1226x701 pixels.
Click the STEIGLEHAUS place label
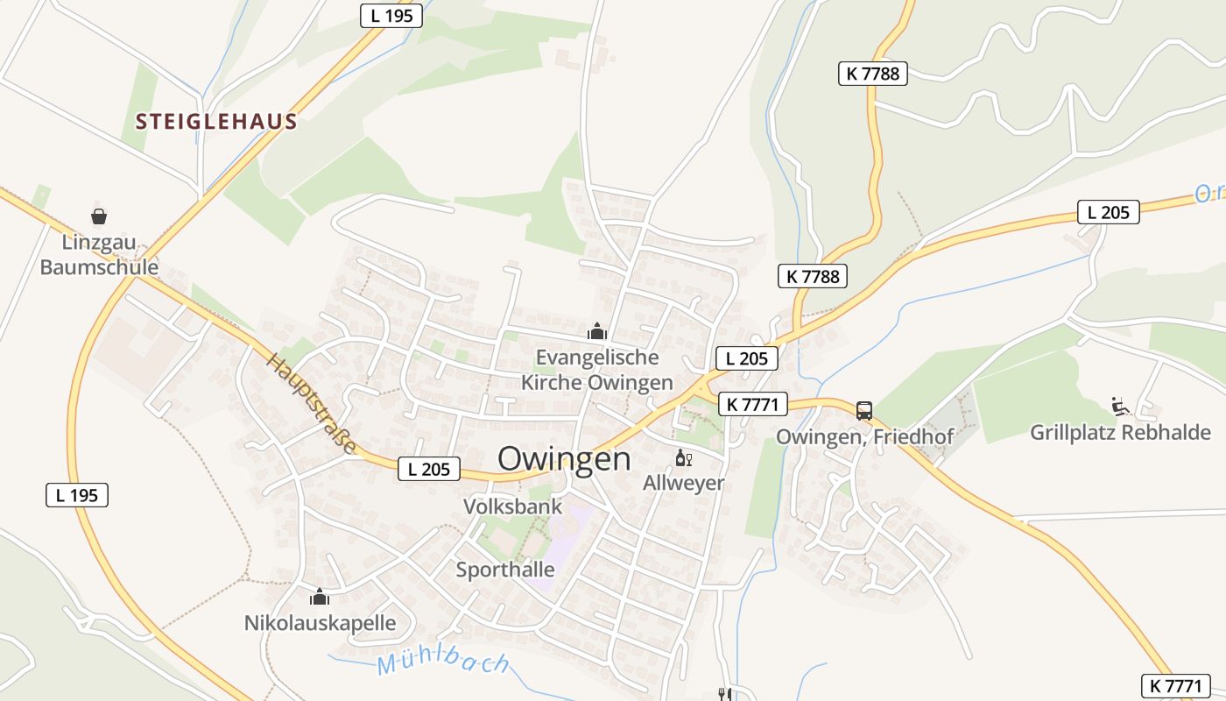[x=216, y=122]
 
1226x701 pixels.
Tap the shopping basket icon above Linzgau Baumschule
[x=99, y=216]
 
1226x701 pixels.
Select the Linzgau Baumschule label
[x=99, y=254]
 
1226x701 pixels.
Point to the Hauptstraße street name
[x=313, y=404]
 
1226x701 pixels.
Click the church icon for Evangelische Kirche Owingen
[x=597, y=331]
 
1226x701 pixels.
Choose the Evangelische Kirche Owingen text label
[x=597, y=370]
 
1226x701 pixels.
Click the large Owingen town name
[x=564, y=459]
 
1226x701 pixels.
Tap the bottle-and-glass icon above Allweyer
[x=683, y=458]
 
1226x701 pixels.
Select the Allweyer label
[x=684, y=483]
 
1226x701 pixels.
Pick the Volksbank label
[x=512, y=506]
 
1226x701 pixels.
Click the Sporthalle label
[x=505, y=570]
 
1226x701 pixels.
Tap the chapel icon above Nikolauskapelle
[x=320, y=598]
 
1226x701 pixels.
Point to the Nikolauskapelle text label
[x=320, y=624]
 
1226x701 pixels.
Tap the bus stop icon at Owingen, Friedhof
[x=864, y=410]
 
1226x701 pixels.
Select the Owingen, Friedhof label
[x=864, y=435]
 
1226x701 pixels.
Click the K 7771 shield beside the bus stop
[x=753, y=404]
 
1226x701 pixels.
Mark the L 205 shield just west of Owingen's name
[x=429, y=469]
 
